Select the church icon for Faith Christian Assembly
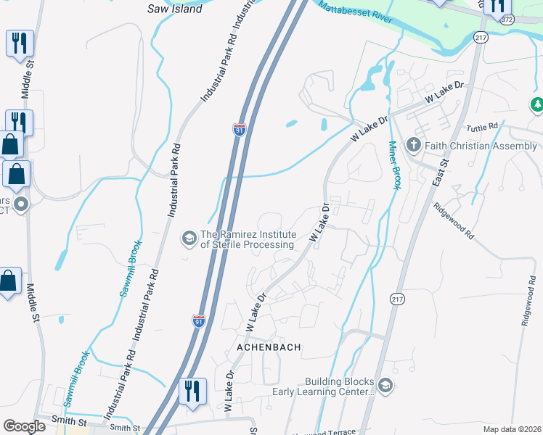pos(413,145)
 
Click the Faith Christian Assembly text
pos(481,146)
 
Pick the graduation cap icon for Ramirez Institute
pos(189,238)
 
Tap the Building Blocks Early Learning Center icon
pos(385,386)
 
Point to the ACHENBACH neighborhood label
pos(269,348)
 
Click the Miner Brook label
pos(394,165)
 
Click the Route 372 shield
pos(507,20)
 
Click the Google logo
pos(24,426)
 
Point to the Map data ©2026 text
pos(512,429)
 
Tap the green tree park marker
pos(537,105)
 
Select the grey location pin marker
pos(21,204)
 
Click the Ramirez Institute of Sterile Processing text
pos(248,239)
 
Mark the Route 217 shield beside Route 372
pos(480,36)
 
